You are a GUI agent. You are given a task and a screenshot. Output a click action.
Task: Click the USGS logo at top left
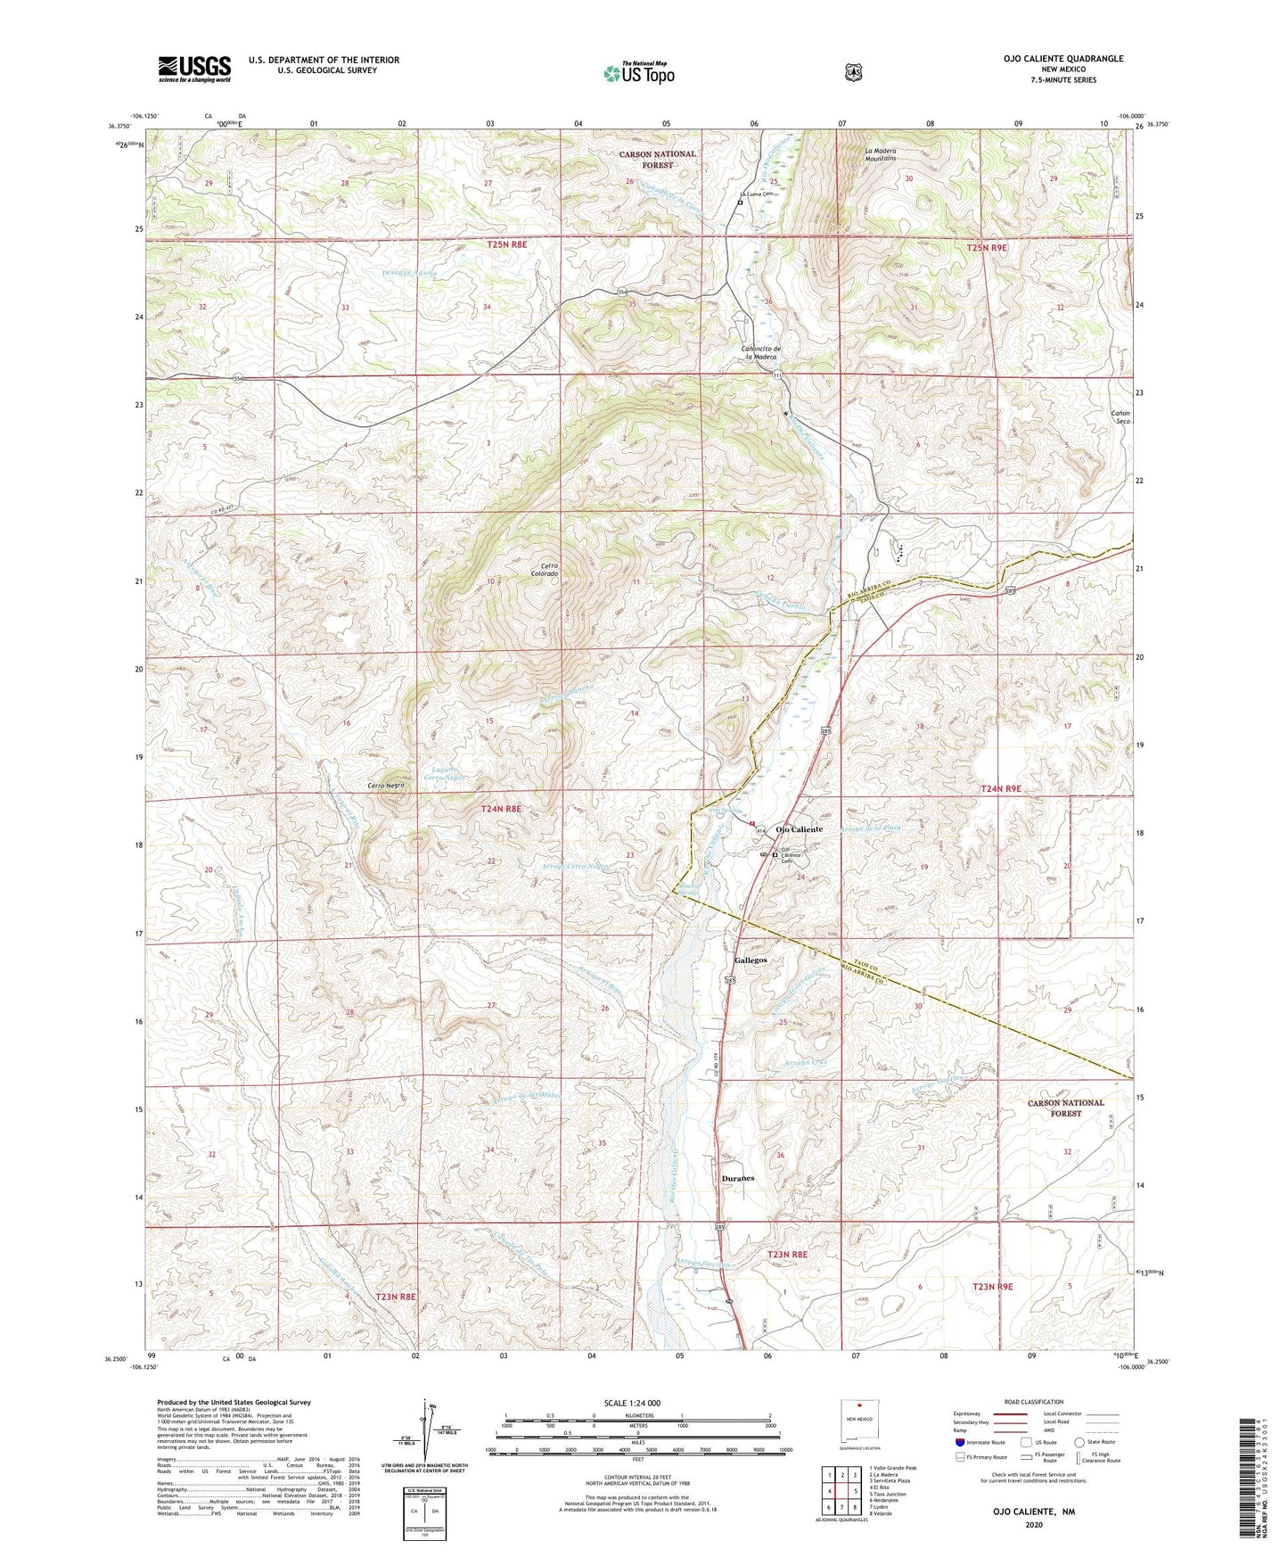[194, 69]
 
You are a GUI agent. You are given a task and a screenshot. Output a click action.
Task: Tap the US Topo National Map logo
[638, 72]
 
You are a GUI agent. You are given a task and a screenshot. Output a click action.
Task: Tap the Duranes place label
[737, 1178]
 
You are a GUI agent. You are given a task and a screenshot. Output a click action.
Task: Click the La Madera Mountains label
[880, 154]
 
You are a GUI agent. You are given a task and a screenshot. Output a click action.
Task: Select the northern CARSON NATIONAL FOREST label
[657, 159]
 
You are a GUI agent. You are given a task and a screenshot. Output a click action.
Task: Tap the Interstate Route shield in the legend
[959, 1442]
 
